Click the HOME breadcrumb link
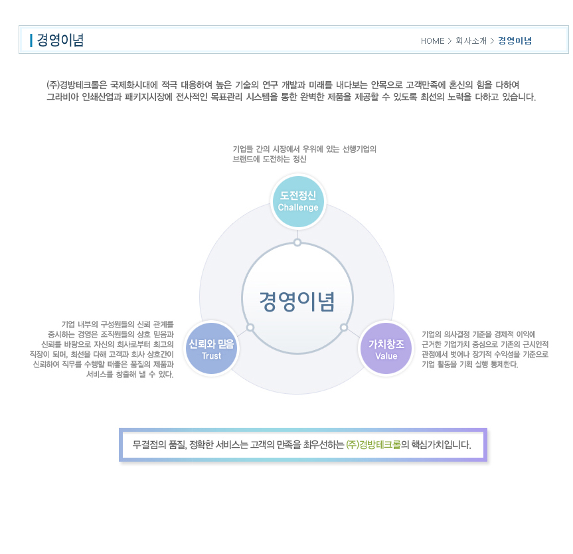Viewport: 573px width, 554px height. click(x=432, y=41)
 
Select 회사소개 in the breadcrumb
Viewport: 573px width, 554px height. click(x=471, y=41)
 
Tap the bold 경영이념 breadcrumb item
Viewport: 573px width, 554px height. click(x=515, y=41)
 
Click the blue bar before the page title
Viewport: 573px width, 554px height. click(x=31, y=41)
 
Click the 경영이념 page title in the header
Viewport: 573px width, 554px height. click(x=60, y=41)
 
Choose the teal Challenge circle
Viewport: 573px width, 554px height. click(x=298, y=201)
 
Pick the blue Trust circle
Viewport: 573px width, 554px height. click(x=211, y=349)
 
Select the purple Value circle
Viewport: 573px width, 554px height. click(x=386, y=349)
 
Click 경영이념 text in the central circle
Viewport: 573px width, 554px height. click(x=297, y=302)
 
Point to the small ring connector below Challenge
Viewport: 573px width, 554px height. click(x=297, y=242)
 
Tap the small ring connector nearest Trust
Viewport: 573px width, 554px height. click(x=250, y=327)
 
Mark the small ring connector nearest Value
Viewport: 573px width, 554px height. click(x=344, y=327)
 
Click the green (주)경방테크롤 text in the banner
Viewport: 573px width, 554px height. click(x=373, y=444)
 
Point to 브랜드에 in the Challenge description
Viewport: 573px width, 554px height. click(x=246, y=159)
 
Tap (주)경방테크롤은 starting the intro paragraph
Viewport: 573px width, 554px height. click(x=77, y=85)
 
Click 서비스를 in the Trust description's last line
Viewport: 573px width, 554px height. click(x=100, y=374)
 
